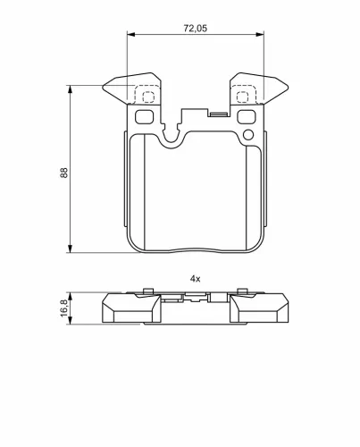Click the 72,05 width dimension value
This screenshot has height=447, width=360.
tap(195, 29)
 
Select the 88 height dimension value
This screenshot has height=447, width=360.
tap(63, 173)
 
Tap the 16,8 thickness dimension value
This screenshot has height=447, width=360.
tap(63, 308)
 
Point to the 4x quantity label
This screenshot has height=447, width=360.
tap(195, 279)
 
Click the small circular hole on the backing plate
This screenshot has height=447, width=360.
tap(248, 135)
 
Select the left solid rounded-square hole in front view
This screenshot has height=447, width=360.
tap(145, 116)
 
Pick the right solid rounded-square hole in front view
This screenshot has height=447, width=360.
tap(247, 116)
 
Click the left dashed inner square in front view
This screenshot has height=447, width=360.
tap(148, 97)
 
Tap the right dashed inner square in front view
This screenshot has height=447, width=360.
tap(242, 97)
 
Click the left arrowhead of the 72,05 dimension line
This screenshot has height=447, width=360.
tap(131, 34)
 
